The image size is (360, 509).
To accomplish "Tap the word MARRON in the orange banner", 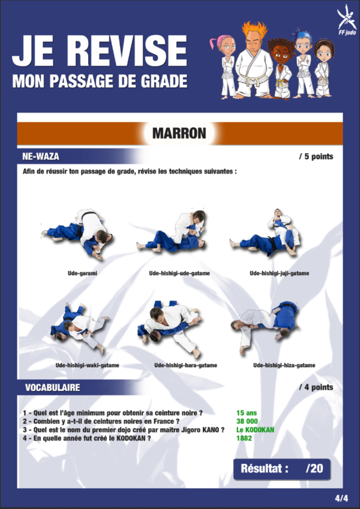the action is [x=179, y=133].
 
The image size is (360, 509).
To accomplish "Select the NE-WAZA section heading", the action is [x=40, y=156].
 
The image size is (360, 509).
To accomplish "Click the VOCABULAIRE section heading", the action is [x=52, y=387].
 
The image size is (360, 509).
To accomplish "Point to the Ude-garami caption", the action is [x=82, y=273].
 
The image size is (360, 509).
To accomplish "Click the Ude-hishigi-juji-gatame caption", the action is [x=279, y=273].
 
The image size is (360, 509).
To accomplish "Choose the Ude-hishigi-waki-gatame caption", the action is [x=88, y=365].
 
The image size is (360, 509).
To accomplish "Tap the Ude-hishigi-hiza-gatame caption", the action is [x=284, y=365].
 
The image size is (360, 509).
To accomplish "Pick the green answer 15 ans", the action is [x=247, y=413].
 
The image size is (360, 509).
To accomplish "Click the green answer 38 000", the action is [x=247, y=422].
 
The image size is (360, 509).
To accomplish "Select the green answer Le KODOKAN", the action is [x=255, y=429].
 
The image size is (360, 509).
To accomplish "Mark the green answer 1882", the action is [x=244, y=438].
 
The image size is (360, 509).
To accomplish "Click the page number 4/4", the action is [x=341, y=498].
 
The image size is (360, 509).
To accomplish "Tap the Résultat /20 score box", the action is [x=282, y=469].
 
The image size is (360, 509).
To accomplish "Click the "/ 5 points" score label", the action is [x=316, y=156].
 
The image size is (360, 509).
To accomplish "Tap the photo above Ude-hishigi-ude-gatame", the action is [x=172, y=231].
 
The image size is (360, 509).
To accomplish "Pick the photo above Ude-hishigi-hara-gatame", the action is [x=170, y=329].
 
